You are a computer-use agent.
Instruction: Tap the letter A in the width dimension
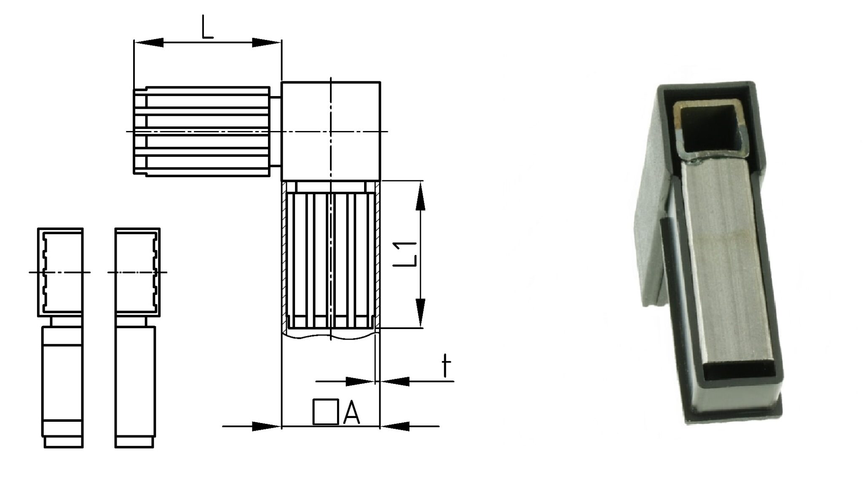pyautogui.click(x=351, y=412)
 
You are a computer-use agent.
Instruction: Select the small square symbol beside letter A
pyautogui.click(x=326, y=411)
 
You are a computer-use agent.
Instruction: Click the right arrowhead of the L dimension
pyautogui.click(x=267, y=42)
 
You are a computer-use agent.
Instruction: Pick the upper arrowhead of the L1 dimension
pyautogui.click(x=421, y=196)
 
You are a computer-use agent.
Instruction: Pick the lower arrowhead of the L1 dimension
pyautogui.click(x=421, y=313)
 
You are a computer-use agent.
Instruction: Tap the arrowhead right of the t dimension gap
pyautogui.click(x=394, y=382)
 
